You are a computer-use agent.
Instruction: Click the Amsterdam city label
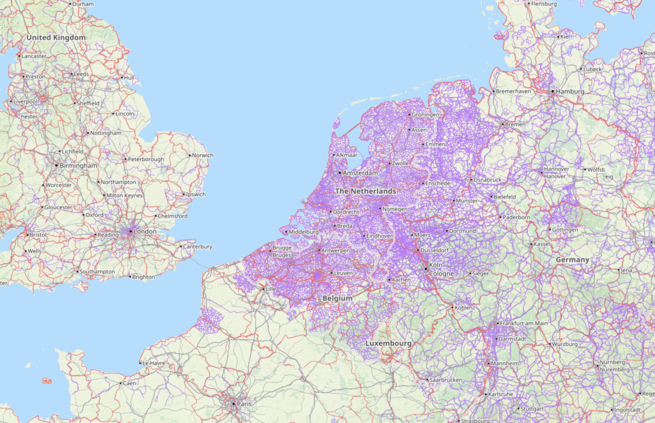(x=360, y=173)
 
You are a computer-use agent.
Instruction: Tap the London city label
(x=145, y=231)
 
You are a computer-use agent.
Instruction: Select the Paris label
(x=244, y=404)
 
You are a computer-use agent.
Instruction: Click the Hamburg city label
(x=570, y=92)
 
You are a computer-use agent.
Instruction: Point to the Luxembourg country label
(x=388, y=344)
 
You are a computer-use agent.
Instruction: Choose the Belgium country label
(x=337, y=299)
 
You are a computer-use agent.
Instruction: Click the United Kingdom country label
(x=56, y=38)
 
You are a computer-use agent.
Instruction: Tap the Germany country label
(x=572, y=260)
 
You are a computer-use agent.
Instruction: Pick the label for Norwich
(x=203, y=155)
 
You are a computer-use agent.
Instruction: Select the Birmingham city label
(x=78, y=166)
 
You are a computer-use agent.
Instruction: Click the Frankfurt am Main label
(x=524, y=323)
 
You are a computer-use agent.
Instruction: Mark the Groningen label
(x=425, y=115)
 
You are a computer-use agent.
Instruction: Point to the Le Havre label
(x=154, y=363)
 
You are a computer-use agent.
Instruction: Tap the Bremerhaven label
(x=513, y=92)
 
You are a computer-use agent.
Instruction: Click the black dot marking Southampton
(x=77, y=272)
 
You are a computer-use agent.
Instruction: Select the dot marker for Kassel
(x=531, y=244)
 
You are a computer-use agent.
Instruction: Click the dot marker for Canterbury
(x=181, y=247)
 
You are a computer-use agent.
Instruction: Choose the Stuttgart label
(x=532, y=409)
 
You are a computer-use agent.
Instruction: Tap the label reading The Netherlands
(x=365, y=191)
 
